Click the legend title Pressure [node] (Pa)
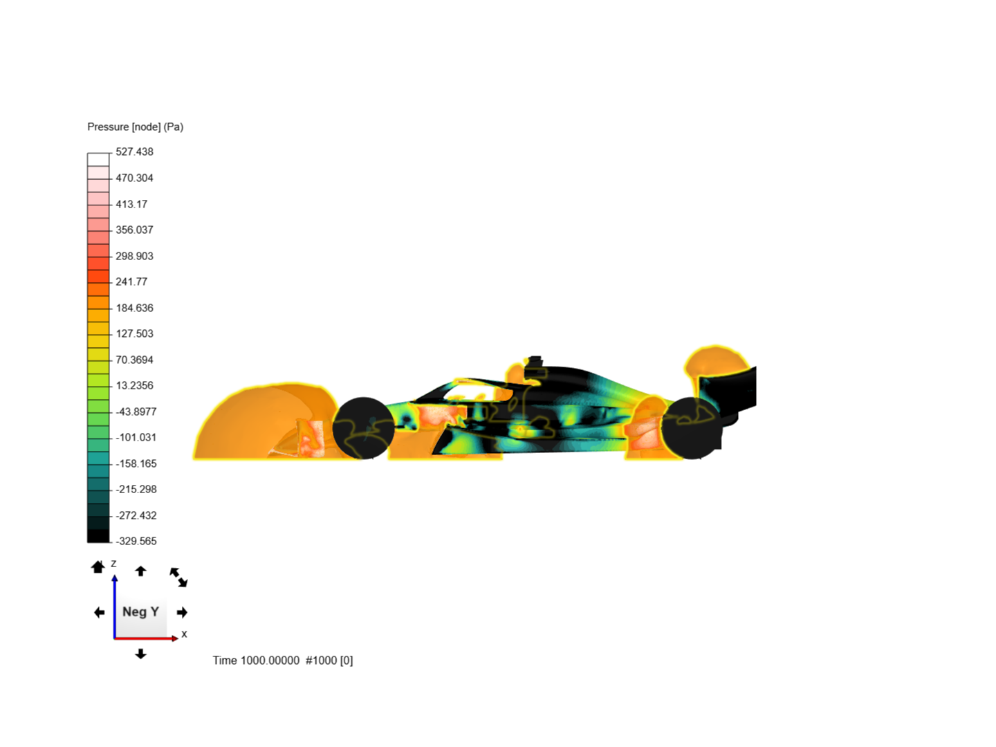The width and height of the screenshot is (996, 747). [135, 127]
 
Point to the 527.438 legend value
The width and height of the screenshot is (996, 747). [134, 152]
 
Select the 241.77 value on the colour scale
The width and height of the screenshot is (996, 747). [131, 282]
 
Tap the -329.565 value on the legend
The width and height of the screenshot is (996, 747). [136, 541]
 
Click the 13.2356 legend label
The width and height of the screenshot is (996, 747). [134, 385]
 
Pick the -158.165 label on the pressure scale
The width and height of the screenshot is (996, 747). [136, 463]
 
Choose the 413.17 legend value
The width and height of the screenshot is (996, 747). [131, 204]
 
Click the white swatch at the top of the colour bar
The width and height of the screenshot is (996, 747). [98, 160]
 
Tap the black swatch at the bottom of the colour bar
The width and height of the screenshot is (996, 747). [98, 536]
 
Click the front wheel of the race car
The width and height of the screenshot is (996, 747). [363, 428]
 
